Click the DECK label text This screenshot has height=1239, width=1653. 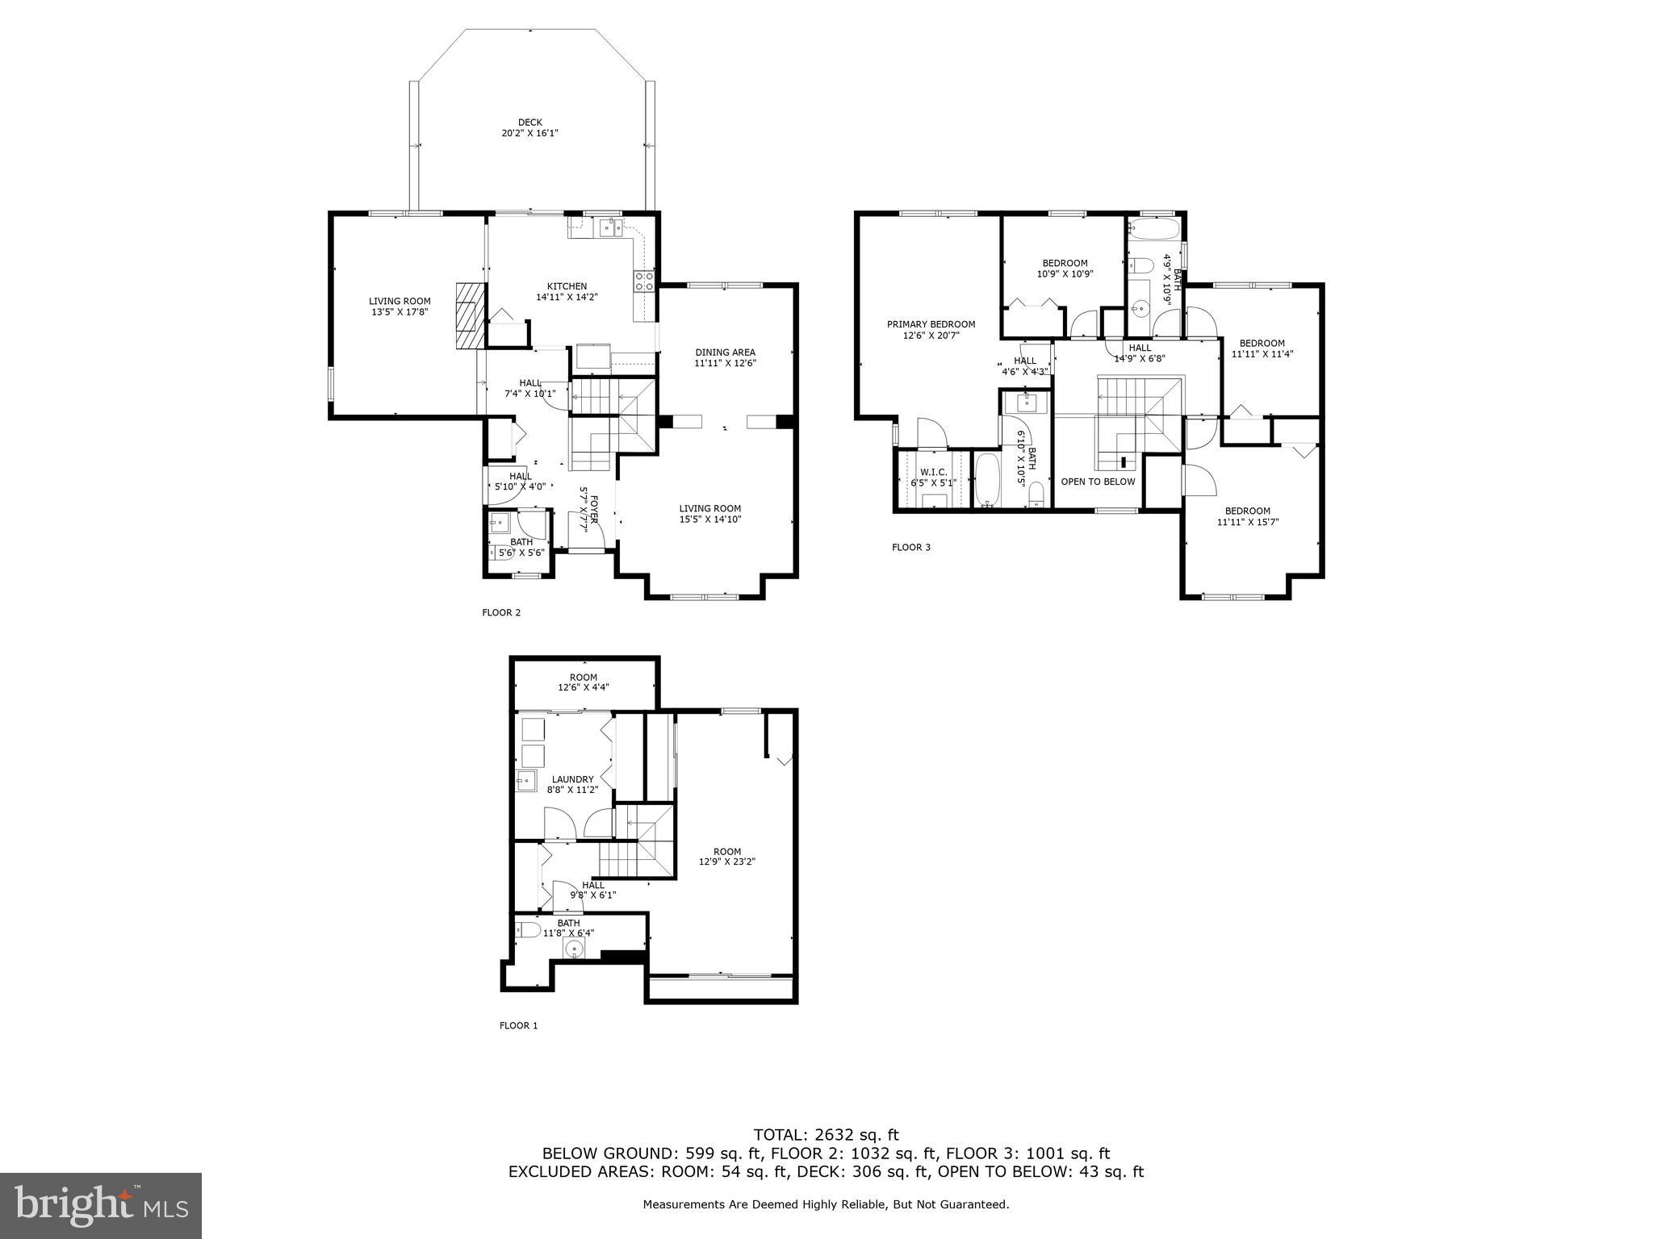(529, 123)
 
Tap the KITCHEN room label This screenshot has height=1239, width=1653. (567, 286)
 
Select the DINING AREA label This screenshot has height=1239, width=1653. (725, 353)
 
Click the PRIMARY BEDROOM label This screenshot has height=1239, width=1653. (931, 324)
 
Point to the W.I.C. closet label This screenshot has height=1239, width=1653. (933, 472)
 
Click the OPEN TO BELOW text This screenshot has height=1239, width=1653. (1098, 482)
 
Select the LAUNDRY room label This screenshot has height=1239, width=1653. (572, 779)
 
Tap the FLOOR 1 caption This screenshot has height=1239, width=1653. (518, 1026)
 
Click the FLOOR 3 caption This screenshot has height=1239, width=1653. (910, 548)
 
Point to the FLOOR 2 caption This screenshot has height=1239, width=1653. (501, 613)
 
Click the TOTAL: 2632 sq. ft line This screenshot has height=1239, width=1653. (826, 1135)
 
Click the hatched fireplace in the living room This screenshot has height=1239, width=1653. (467, 316)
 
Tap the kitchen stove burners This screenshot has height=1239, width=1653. (644, 281)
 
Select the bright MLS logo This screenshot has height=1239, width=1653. (100, 1205)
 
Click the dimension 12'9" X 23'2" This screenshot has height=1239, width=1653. (726, 861)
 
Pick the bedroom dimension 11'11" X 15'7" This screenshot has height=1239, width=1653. (1247, 522)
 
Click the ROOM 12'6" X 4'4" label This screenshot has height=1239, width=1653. (583, 682)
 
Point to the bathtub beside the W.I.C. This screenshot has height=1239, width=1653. (986, 481)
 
